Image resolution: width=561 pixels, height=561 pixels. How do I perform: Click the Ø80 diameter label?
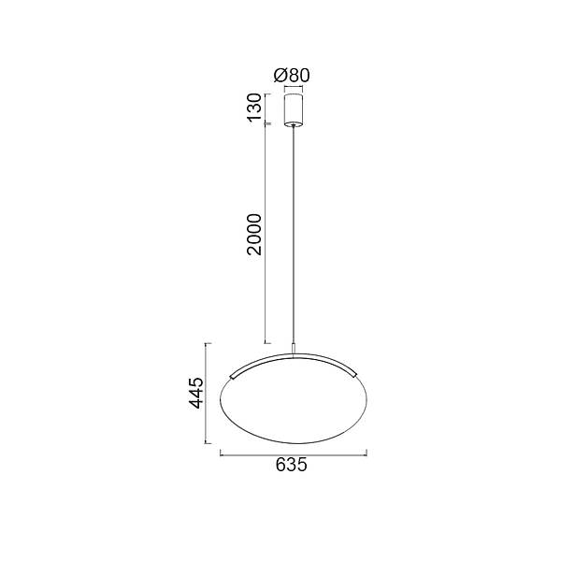(292, 75)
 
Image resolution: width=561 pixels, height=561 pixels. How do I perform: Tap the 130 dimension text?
(254, 108)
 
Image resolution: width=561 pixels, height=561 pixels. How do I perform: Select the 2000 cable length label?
(254, 235)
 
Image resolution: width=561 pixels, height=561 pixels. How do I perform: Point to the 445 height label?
(196, 393)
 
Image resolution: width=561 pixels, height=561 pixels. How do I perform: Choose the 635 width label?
(292, 465)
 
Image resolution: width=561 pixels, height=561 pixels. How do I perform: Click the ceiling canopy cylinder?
(294, 110)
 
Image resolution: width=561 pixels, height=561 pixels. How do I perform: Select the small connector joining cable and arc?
(294, 349)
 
